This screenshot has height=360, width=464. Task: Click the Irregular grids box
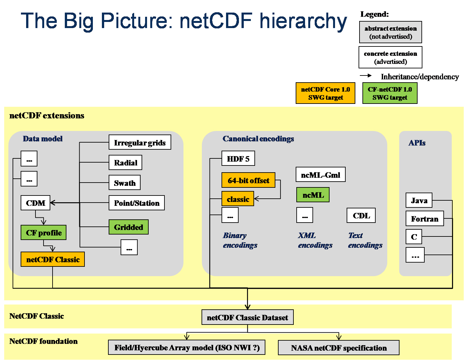click(x=140, y=142)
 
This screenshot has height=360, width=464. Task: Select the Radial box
click(x=125, y=163)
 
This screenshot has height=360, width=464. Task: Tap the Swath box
click(x=124, y=183)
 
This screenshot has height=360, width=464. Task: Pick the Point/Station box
click(x=137, y=203)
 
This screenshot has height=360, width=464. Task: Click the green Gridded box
click(x=129, y=227)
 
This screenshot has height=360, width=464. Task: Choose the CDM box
click(x=35, y=203)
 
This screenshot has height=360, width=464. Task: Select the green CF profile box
click(x=44, y=233)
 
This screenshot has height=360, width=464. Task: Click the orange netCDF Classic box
click(x=53, y=259)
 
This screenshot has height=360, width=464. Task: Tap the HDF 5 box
click(x=238, y=158)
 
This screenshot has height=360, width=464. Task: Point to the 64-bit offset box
click(x=248, y=180)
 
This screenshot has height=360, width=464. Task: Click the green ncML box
click(x=313, y=195)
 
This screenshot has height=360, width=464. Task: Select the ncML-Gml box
click(x=321, y=175)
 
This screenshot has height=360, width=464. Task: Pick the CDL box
click(x=361, y=215)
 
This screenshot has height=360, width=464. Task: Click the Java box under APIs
click(x=419, y=200)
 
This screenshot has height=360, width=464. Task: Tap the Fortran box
click(x=425, y=219)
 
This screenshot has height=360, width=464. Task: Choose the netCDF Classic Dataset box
click(x=247, y=317)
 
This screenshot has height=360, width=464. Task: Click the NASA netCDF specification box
click(x=339, y=348)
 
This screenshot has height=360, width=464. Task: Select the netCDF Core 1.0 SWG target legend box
click(x=325, y=93)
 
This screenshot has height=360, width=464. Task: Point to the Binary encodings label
click(x=240, y=240)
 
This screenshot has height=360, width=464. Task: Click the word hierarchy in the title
click(x=303, y=21)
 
